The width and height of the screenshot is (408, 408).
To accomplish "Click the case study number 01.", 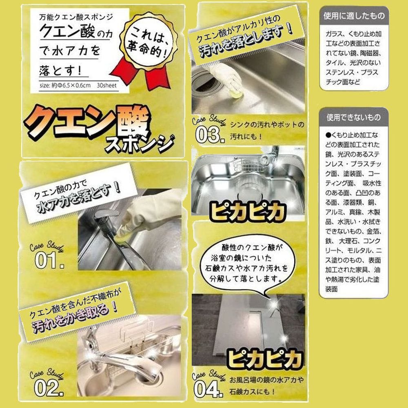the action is [x=49, y=260].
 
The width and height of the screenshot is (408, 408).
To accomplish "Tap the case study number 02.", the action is [x=49, y=388].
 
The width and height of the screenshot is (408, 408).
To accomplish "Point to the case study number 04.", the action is [x=208, y=389].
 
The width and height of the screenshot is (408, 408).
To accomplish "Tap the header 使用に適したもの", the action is [x=354, y=16].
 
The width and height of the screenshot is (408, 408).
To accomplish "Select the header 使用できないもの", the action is [x=354, y=118].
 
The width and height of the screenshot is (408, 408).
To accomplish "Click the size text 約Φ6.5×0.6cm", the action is [x=71, y=85].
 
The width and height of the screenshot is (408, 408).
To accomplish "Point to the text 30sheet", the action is [x=106, y=85].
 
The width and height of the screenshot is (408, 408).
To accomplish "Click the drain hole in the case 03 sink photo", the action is [x=206, y=84].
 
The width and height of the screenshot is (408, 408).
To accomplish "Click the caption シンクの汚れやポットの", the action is [x=267, y=125].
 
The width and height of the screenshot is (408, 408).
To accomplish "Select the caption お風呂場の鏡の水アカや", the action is [x=266, y=380].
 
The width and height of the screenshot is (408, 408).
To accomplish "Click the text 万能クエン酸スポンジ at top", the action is [x=76, y=17].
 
